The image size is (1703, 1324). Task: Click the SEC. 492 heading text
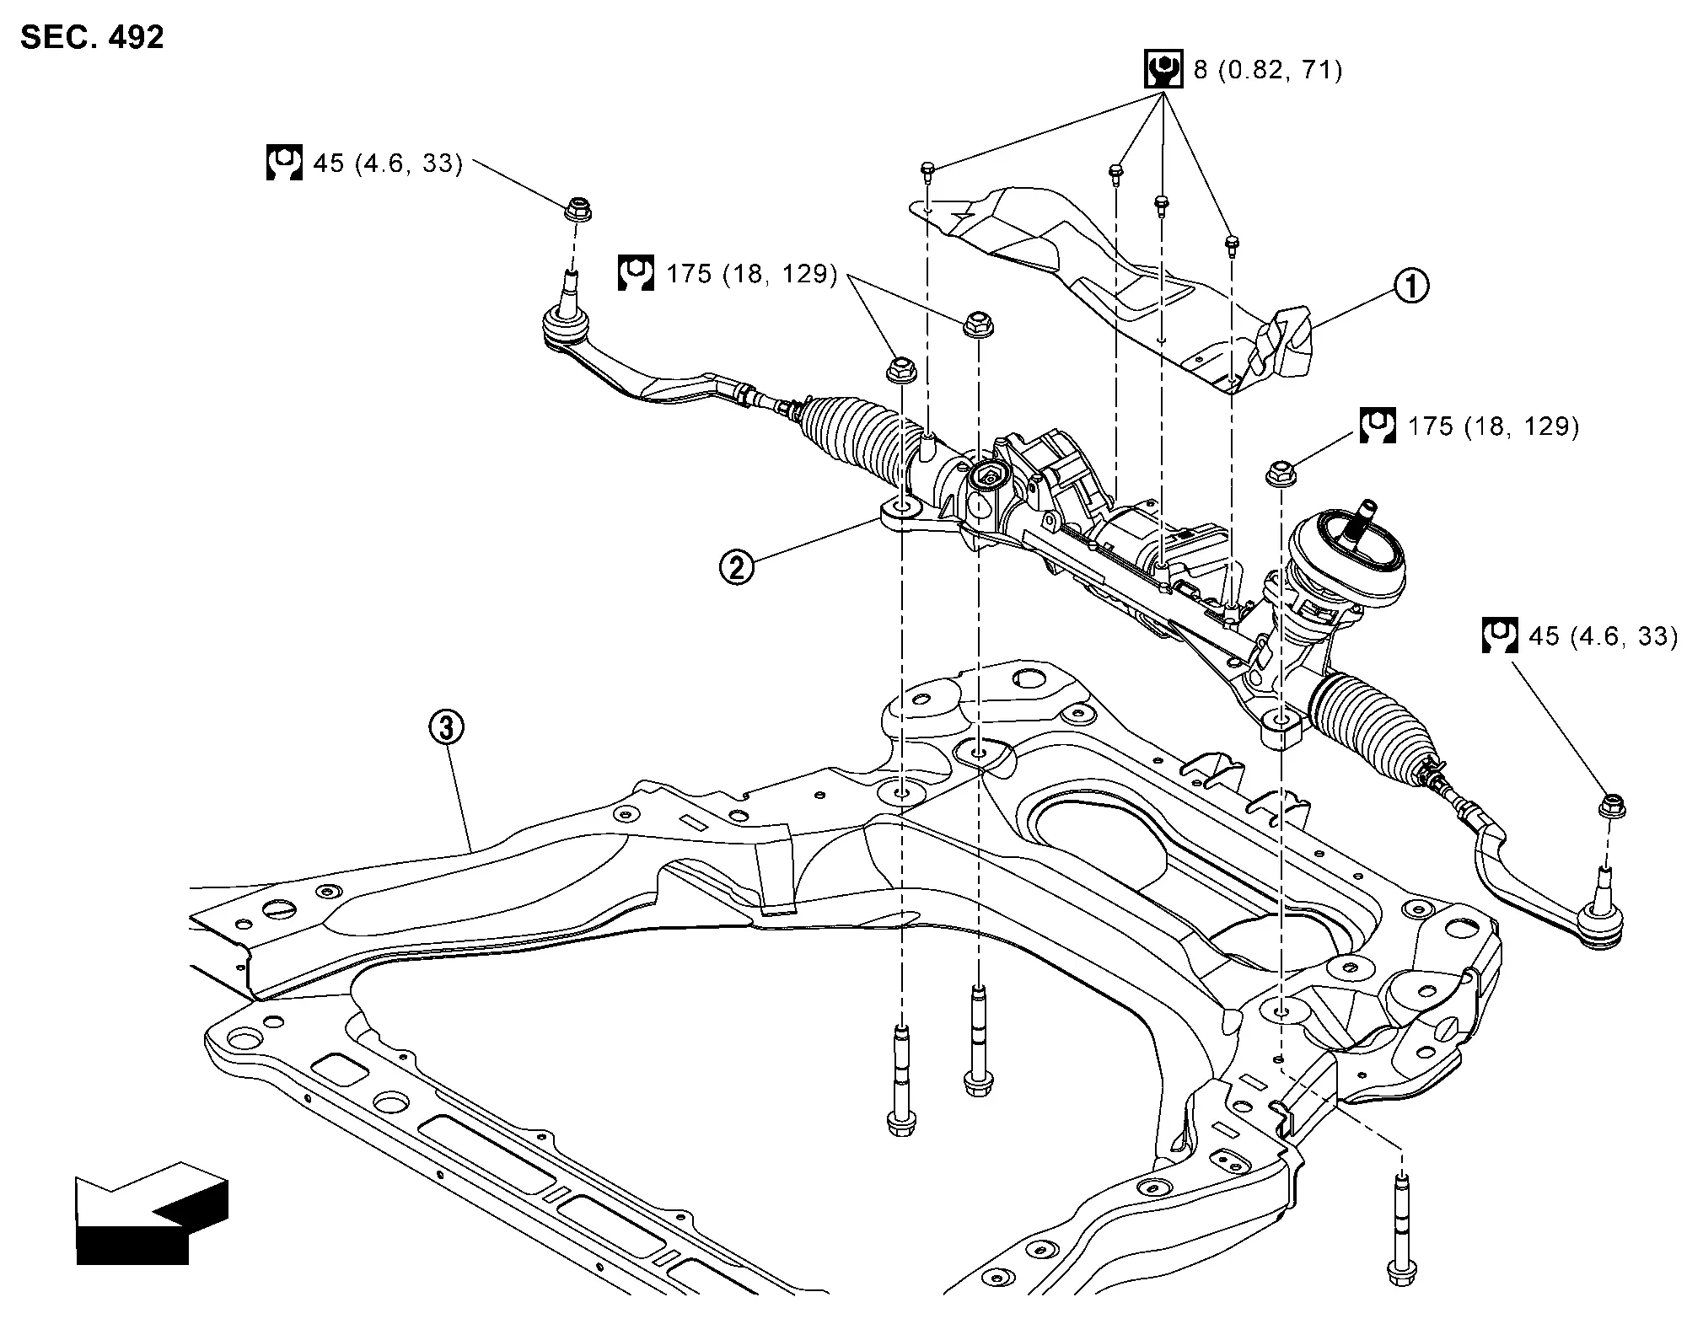(x=92, y=37)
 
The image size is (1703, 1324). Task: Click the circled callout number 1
(x=1410, y=286)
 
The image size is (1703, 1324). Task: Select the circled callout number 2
(x=736, y=566)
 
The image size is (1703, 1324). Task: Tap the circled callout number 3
(x=446, y=726)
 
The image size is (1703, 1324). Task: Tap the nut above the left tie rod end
(x=578, y=207)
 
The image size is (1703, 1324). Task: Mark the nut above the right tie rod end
(x=1612, y=806)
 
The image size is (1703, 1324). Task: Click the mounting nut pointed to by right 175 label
(x=1281, y=473)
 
